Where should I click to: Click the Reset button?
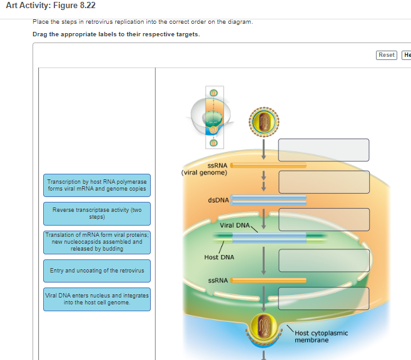[387, 55]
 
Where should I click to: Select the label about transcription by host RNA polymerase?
[97, 186]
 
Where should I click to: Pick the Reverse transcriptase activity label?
[97, 214]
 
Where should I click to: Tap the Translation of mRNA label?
[97, 242]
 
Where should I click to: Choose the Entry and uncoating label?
[97, 271]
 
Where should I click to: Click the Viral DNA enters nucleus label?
[97, 299]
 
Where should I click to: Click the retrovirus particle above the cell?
[264, 122]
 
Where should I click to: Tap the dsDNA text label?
[218, 200]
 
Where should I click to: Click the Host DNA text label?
[219, 257]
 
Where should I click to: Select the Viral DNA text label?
[235, 225]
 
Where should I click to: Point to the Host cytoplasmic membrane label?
[322, 336]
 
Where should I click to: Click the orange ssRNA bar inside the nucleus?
[268, 281]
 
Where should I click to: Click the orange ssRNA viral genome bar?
[268, 165]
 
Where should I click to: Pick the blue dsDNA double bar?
[268, 200]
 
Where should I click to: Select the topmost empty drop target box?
[323, 150]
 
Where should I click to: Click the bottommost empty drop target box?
[323, 299]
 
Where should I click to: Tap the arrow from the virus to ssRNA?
[264, 149]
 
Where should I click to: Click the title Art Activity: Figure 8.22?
[51, 5]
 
